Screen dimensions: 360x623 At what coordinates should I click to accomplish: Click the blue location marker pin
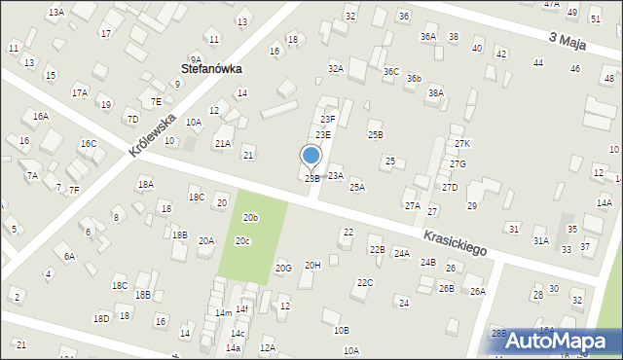point(311,157)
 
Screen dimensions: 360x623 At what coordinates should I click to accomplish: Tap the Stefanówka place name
point(211,69)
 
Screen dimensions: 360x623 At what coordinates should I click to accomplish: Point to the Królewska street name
point(151,136)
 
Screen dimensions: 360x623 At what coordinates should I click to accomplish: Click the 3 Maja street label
point(567,42)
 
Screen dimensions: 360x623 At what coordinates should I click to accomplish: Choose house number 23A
point(335,176)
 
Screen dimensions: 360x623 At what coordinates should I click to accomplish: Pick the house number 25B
point(375,135)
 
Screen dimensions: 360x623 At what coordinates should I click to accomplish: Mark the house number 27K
point(461,144)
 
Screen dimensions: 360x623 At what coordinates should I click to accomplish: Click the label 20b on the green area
point(251,217)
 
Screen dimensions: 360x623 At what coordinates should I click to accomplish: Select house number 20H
point(312,266)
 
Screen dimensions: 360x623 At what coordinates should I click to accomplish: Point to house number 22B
point(377,250)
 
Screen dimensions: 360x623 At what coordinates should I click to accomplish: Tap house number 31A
point(540,240)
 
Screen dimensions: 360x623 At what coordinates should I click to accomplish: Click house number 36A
point(428,37)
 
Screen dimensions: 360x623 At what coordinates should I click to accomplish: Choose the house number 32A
point(336,69)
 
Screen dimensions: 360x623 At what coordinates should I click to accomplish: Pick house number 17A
point(80,93)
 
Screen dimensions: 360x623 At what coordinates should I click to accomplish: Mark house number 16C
point(88,144)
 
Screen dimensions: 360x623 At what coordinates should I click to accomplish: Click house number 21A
point(223,144)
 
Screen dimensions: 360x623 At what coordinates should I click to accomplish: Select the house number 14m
point(224,313)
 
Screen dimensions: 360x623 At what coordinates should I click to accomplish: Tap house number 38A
point(436,93)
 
